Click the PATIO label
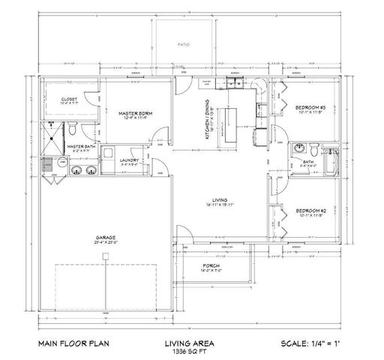click(184, 44)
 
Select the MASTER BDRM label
click(135, 112)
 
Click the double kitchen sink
click(235, 83)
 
